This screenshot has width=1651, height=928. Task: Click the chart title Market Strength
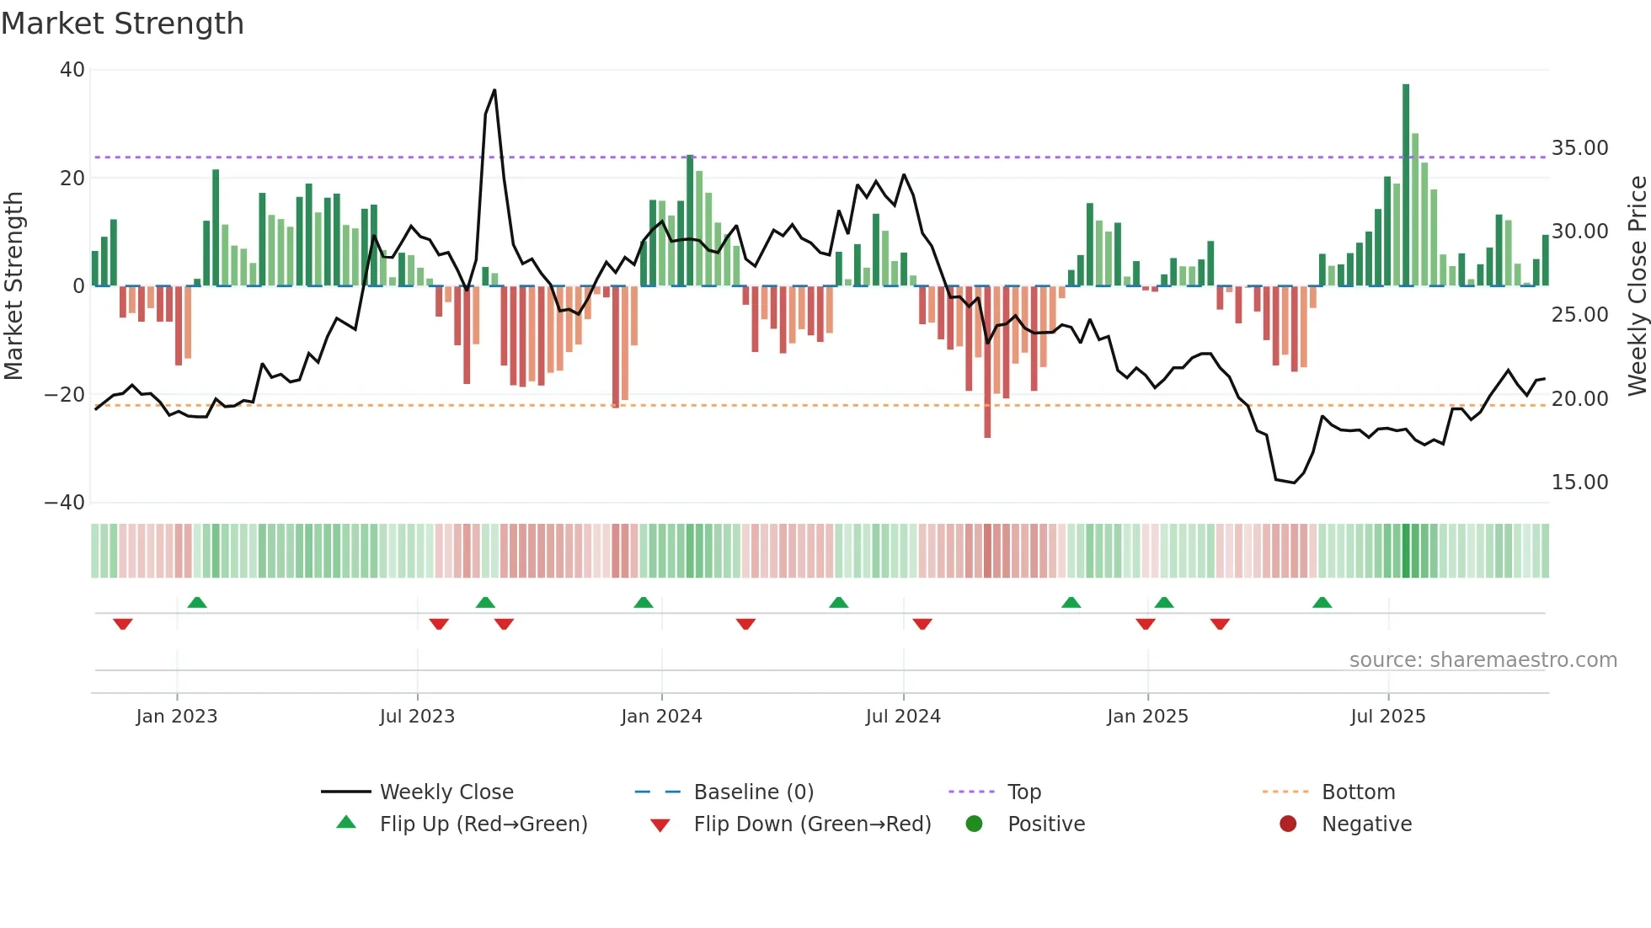point(122,24)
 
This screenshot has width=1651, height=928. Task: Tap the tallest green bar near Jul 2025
point(1405,185)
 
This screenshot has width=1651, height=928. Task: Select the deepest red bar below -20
point(986,362)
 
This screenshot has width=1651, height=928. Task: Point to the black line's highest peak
point(494,90)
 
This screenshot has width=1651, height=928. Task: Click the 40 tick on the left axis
point(72,70)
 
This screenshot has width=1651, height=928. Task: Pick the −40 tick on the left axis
point(66,503)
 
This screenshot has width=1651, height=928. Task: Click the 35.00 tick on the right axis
point(1579,148)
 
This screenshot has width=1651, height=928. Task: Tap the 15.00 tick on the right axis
point(1579,483)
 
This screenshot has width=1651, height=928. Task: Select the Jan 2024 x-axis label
point(661,717)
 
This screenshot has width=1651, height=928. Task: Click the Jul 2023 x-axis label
point(417,717)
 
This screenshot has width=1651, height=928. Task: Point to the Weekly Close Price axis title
point(1637,286)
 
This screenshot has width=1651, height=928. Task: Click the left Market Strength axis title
point(13,286)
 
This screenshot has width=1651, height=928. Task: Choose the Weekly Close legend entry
point(446,792)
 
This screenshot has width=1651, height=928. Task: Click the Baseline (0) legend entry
point(753,792)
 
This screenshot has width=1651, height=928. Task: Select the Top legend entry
point(1023,792)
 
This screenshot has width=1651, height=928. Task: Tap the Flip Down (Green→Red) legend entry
point(811,824)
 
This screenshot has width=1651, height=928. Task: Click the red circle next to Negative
point(1287,824)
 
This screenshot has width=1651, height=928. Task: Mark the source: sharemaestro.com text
point(1483,660)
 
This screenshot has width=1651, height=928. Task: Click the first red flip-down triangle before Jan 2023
point(123,624)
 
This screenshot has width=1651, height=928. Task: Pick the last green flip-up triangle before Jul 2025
point(1322,602)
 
